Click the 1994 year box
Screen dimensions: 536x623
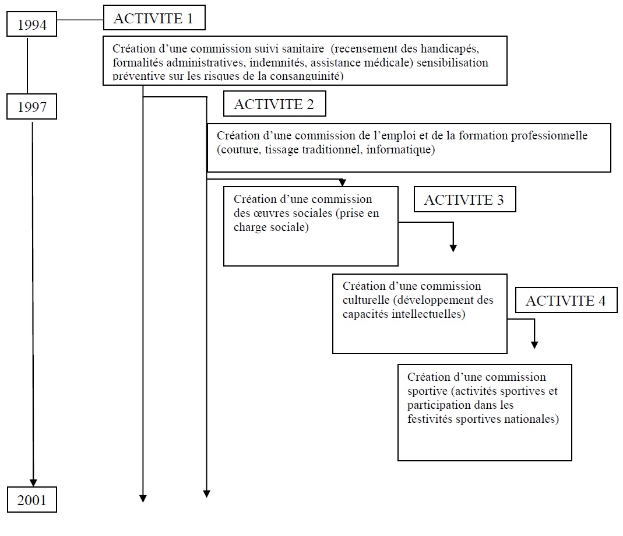point(32,26)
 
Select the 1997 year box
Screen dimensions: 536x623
point(32,107)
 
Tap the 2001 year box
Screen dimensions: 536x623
point(32,500)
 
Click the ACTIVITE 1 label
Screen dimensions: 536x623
point(154,19)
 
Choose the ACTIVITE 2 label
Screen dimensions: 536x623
point(274,104)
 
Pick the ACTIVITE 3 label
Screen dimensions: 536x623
point(464,200)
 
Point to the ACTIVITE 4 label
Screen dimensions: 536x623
point(566,301)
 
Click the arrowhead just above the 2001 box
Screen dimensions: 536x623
point(33,482)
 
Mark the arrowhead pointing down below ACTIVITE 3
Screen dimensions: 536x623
point(453,248)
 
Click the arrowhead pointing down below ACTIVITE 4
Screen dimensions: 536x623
point(534,345)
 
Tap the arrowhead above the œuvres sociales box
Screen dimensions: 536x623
point(343,183)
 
